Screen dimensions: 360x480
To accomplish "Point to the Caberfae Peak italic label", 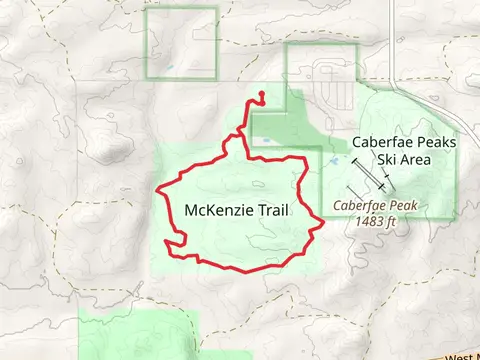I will [x=379, y=207].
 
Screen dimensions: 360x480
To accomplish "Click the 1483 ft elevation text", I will [x=382, y=222].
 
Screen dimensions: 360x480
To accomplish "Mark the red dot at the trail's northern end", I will [x=261, y=95].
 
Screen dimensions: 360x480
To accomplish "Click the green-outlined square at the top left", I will [x=181, y=43].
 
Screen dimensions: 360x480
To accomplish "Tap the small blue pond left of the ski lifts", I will [x=331, y=160].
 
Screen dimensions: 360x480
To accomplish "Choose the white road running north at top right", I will [x=395, y=40].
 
